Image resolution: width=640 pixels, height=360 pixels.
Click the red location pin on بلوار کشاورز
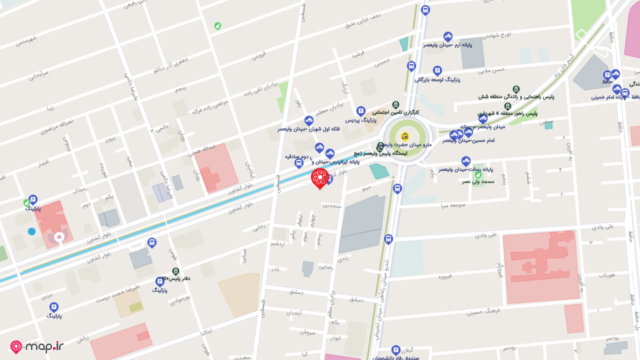(x=319, y=178)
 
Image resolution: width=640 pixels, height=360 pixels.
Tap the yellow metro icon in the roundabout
(x=404, y=135)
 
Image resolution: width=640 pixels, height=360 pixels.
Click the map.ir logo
(x=37, y=346)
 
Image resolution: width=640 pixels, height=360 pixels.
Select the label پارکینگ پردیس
(x=360, y=120)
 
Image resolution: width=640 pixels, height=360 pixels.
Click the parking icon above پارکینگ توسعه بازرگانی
(x=437, y=70)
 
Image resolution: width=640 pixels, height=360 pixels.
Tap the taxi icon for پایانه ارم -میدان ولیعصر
(x=448, y=36)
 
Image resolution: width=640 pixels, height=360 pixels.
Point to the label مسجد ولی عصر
(x=478, y=181)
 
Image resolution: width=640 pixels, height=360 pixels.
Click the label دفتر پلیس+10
(x=175, y=278)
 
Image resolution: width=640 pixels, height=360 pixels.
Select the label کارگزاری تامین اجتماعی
(x=395, y=112)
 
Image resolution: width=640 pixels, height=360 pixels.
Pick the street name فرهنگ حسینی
(x=483, y=312)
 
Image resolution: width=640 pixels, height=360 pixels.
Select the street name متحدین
(x=331, y=205)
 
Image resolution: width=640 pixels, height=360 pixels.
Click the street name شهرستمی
(x=26, y=40)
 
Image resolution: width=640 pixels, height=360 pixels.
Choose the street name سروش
(x=308, y=331)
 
